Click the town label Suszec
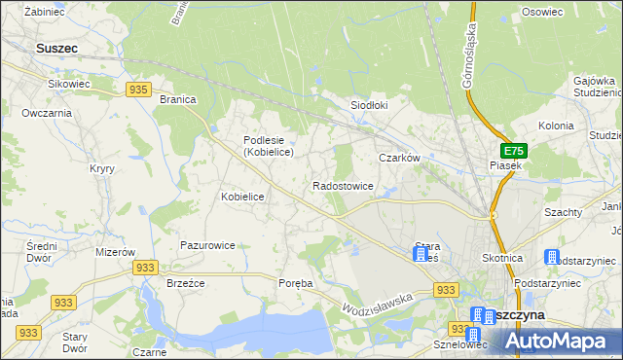point(56,47)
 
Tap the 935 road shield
point(138,90)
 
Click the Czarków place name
point(398,157)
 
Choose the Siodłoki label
point(369,105)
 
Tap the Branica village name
point(178,99)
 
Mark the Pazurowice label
point(206,245)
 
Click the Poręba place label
point(296,283)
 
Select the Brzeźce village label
point(184,283)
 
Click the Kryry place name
point(102,168)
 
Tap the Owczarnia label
point(47,113)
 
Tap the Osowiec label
point(542,12)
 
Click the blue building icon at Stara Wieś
point(421,255)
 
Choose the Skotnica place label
point(502,258)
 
